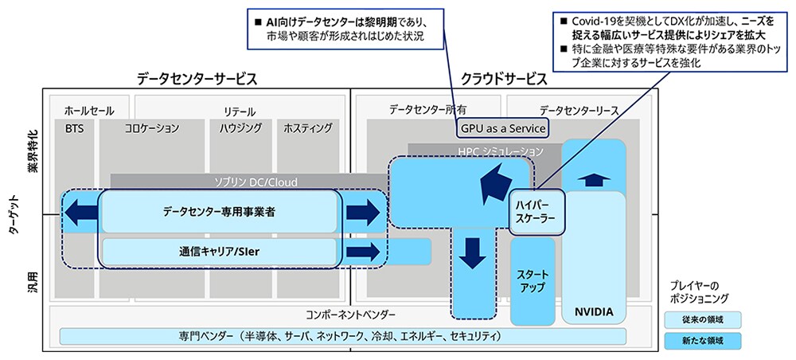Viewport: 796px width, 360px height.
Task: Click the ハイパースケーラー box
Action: coord(531,210)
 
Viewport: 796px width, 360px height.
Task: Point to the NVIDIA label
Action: coord(593,312)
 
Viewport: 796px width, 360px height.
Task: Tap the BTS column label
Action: coord(74,127)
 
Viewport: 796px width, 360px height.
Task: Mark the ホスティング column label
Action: coord(308,127)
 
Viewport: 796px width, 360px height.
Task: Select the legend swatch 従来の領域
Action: coord(703,319)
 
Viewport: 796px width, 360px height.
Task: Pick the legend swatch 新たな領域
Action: coord(703,340)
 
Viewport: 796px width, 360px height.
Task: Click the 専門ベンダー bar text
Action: coord(338,336)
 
